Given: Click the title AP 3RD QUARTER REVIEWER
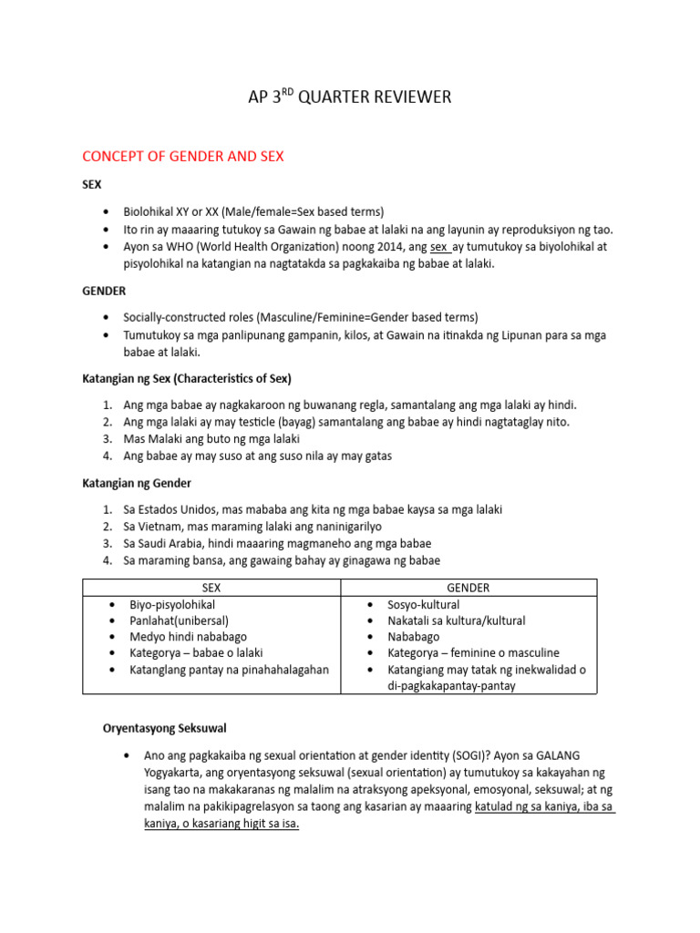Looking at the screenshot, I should click(349, 97).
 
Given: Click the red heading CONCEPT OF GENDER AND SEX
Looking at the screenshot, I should click(183, 157).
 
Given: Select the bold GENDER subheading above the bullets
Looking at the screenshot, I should click(104, 291).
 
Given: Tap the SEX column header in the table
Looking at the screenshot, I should click(211, 588).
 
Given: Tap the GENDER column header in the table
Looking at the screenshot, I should click(468, 588).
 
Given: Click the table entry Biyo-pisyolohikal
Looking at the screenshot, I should click(173, 604).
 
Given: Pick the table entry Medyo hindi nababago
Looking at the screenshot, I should click(189, 637).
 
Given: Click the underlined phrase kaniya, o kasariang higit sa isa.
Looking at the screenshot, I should click(221, 824).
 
